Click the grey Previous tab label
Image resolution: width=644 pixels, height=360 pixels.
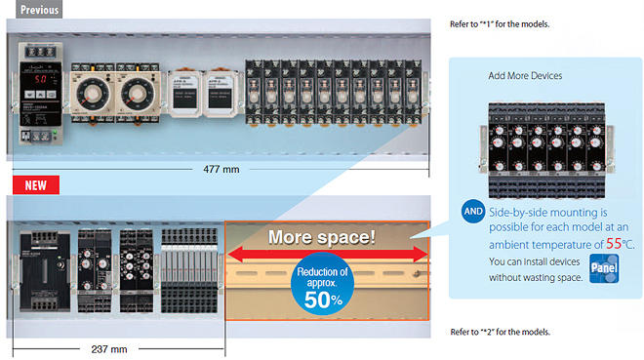[32, 9]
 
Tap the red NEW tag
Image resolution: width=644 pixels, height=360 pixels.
[35, 183]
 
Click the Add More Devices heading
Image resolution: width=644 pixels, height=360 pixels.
[525, 75]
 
